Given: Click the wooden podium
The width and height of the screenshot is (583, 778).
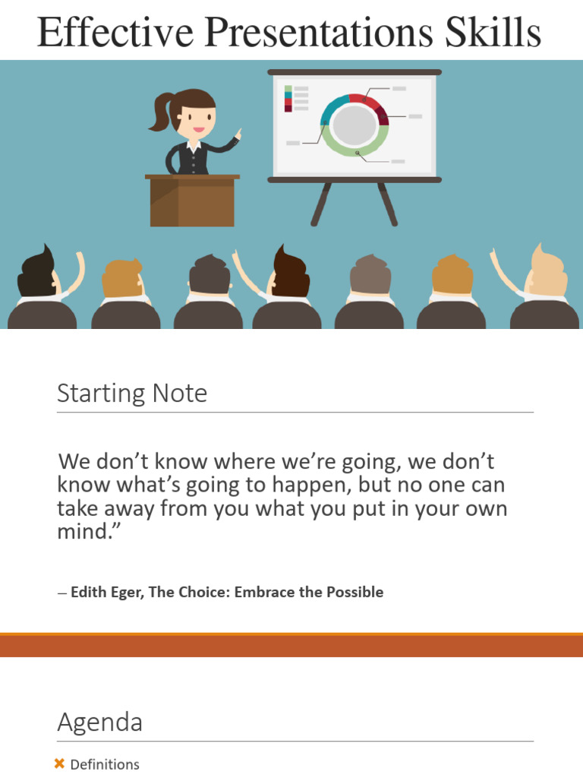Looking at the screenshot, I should [192, 201].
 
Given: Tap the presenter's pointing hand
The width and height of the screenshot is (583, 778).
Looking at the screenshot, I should [238, 135].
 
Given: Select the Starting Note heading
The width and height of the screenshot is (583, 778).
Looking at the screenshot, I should [132, 393].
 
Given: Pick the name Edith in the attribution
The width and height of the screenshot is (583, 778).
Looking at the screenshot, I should [90, 592].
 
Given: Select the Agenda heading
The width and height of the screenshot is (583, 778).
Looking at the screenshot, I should [99, 722].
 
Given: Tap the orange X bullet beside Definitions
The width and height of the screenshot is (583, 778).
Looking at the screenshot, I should [60, 764].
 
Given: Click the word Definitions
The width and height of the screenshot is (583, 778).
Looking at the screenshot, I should [105, 764].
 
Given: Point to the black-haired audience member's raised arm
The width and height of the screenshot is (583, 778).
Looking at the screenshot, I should [74, 272].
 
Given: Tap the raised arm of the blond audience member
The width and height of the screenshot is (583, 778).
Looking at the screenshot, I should [502, 269].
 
